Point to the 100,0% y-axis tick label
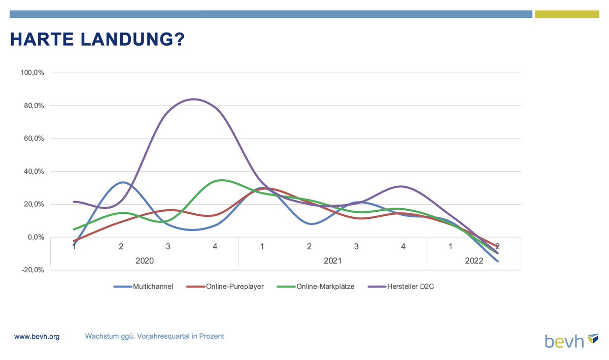click(x=32, y=73)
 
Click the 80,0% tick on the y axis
click(x=34, y=106)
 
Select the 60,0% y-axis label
click(x=34, y=139)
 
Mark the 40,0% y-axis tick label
click(x=34, y=172)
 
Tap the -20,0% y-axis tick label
click(x=33, y=270)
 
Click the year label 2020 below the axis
click(x=145, y=260)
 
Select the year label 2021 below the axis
click(x=333, y=260)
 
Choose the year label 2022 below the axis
click(x=473, y=260)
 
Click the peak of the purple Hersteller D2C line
click(x=194, y=99)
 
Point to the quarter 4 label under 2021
click(x=403, y=247)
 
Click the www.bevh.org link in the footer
click(x=37, y=337)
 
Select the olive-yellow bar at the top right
click(x=567, y=14)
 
